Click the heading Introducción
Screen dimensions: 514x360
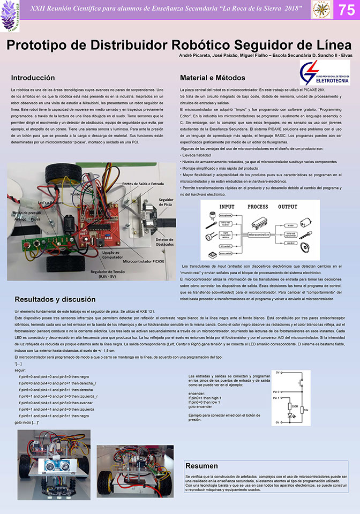tap(33, 78)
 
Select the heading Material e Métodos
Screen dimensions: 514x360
tap(213, 78)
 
